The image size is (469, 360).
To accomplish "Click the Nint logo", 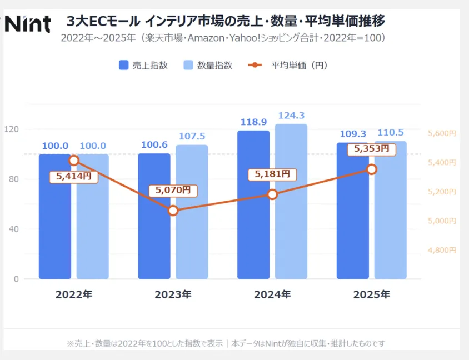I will (x=28, y=23).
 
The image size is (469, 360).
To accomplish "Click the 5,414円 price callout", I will (x=73, y=177).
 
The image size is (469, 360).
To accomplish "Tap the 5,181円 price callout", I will (x=272, y=174).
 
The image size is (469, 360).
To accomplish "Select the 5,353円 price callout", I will (x=372, y=149).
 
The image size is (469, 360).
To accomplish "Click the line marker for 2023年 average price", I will (x=173, y=211).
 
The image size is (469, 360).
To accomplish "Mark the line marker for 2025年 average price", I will (x=372, y=169).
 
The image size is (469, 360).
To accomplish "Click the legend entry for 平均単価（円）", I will (x=287, y=65).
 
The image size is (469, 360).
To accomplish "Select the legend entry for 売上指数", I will (x=143, y=65).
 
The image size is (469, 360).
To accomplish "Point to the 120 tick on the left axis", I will (x=12, y=129).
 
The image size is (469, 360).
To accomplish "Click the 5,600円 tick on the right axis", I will (x=442, y=133).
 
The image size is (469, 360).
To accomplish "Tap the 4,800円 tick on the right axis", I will (x=442, y=250).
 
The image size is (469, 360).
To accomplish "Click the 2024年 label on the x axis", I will (x=272, y=294).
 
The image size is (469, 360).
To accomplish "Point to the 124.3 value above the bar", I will (x=291, y=116).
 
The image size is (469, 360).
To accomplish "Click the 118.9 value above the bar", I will (x=253, y=122).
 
